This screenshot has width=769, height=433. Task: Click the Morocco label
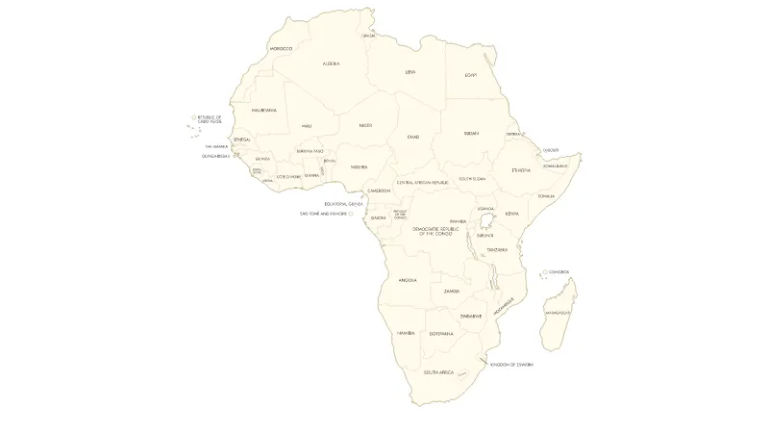click(x=281, y=48)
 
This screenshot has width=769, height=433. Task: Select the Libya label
click(x=410, y=71)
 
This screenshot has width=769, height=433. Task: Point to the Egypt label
click(x=471, y=75)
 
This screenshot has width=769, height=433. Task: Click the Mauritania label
click(x=264, y=110)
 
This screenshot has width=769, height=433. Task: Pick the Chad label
click(x=413, y=137)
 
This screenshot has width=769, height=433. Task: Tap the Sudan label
click(x=471, y=133)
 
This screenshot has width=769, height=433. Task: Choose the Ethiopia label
click(x=521, y=169)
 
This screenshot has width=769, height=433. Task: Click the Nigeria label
click(x=360, y=166)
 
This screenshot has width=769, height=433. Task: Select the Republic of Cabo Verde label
click(x=210, y=119)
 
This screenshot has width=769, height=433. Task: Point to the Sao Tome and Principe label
click(x=322, y=214)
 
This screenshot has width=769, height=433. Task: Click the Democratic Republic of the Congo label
click(x=432, y=231)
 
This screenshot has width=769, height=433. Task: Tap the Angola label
click(x=408, y=280)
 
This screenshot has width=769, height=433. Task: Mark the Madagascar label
click(x=558, y=313)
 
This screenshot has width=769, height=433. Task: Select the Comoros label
click(x=559, y=272)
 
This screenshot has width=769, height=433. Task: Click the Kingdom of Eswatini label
click(x=511, y=365)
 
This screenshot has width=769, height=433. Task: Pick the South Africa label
click(x=438, y=371)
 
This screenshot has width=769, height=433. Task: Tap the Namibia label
click(x=405, y=333)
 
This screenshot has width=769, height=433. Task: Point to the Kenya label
click(x=511, y=214)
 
